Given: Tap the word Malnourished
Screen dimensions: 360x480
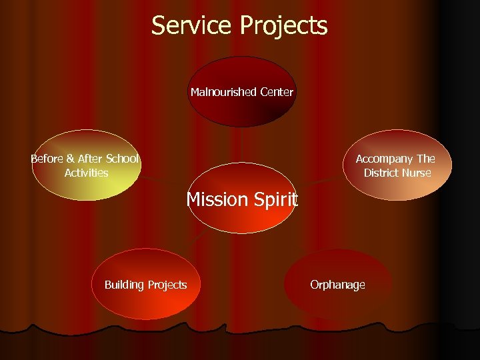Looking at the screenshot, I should (x=223, y=92).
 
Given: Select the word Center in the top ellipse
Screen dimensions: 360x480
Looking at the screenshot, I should (x=277, y=92).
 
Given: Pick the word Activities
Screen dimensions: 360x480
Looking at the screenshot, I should (x=86, y=173).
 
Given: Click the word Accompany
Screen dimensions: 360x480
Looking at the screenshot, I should (x=385, y=159).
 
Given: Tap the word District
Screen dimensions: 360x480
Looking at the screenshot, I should (x=383, y=173).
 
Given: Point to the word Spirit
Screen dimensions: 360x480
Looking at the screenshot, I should (x=276, y=199).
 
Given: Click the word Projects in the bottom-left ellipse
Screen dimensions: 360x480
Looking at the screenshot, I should (x=167, y=285).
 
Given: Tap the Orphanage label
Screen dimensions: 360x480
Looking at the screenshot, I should (x=337, y=285).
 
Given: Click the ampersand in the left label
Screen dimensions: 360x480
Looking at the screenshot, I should (x=70, y=159).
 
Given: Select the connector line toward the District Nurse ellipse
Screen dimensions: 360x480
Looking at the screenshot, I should (x=325, y=180).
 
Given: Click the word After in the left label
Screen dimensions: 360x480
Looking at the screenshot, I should (x=91, y=159).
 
